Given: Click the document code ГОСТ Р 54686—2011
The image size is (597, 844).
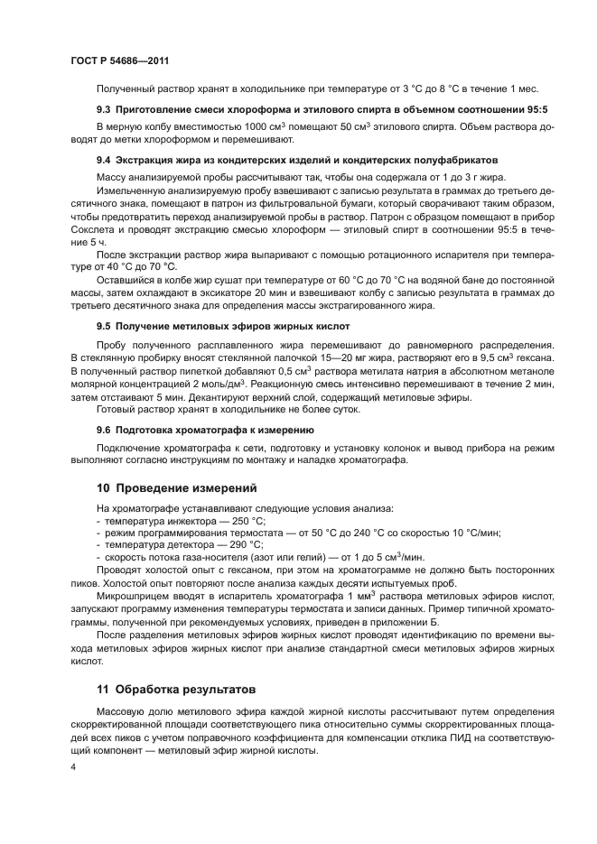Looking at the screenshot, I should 119,60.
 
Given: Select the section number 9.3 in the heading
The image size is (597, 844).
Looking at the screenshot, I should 104,109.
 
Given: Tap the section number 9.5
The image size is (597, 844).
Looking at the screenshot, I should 104,325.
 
